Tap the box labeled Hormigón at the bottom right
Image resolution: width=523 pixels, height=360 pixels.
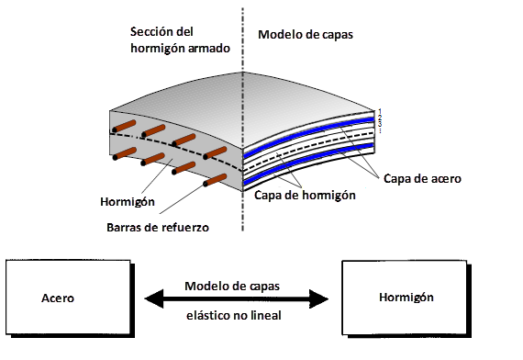pyautogui.click(x=406, y=299)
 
